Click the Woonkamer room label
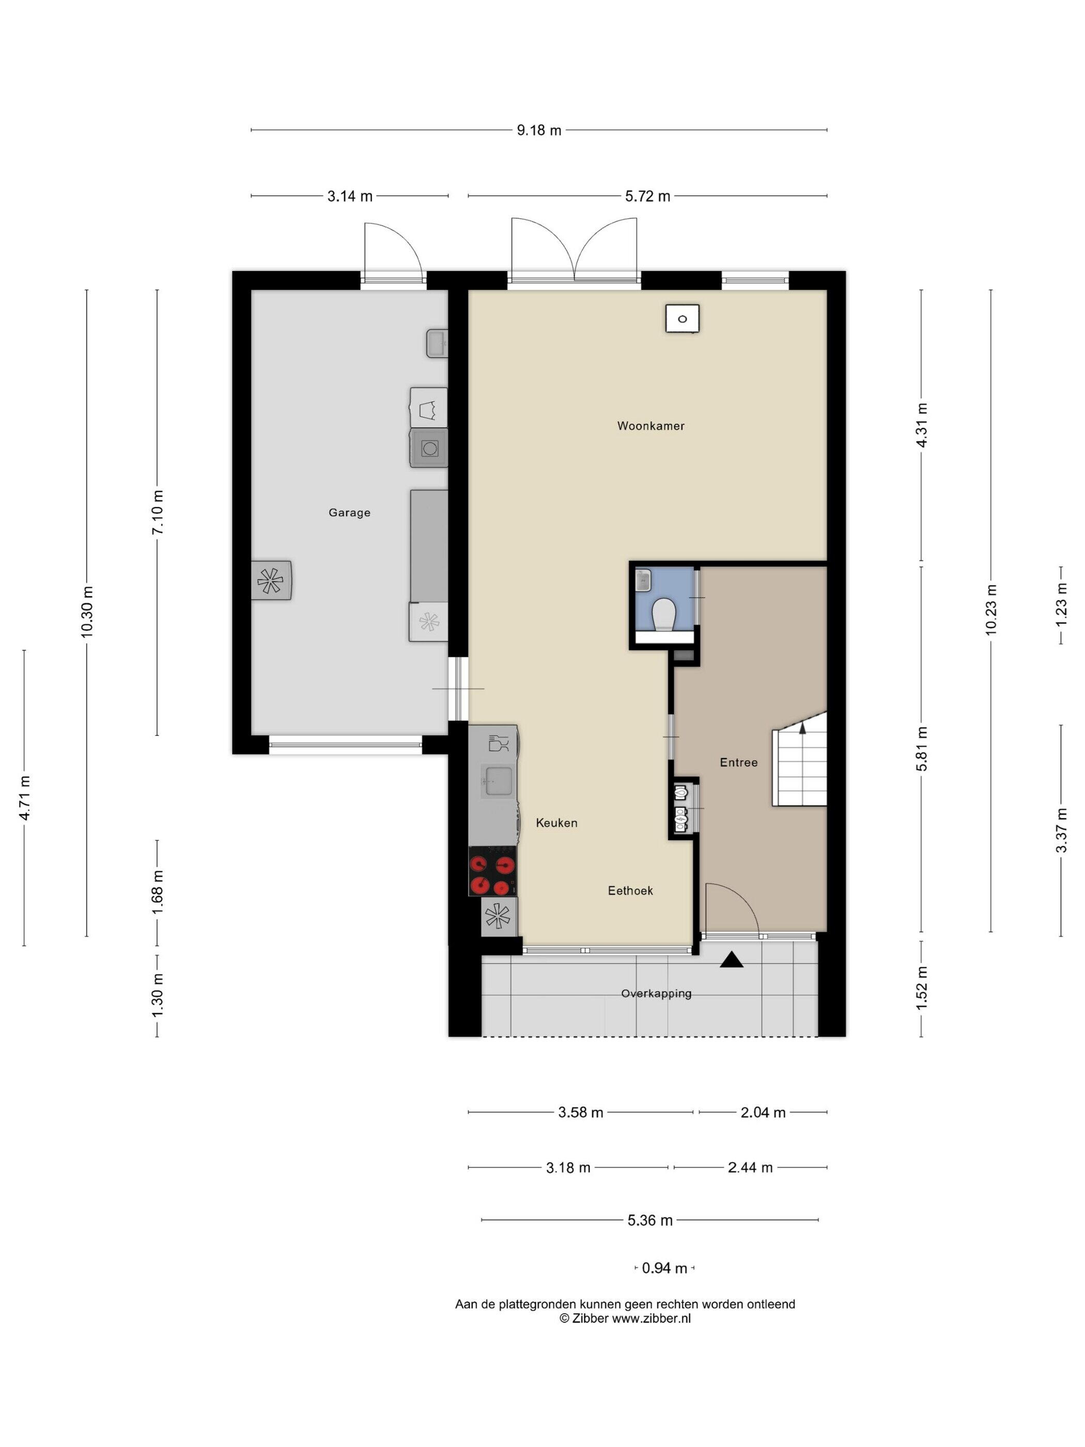(650, 426)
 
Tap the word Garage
(349, 513)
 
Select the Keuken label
(556, 823)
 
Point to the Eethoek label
(630, 890)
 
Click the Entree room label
(738, 762)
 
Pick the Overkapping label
(656, 993)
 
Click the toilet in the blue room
(664, 613)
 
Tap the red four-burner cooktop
(492, 871)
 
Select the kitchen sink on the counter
(499, 780)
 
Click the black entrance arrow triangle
(732, 960)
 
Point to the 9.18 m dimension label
(539, 130)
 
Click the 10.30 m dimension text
(87, 612)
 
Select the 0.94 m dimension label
(664, 1268)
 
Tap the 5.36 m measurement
(650, 1220)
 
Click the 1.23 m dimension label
(1061, 605)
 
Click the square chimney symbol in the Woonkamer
(682, 318)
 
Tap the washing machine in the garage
(429, 448)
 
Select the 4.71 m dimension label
(24, 797)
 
